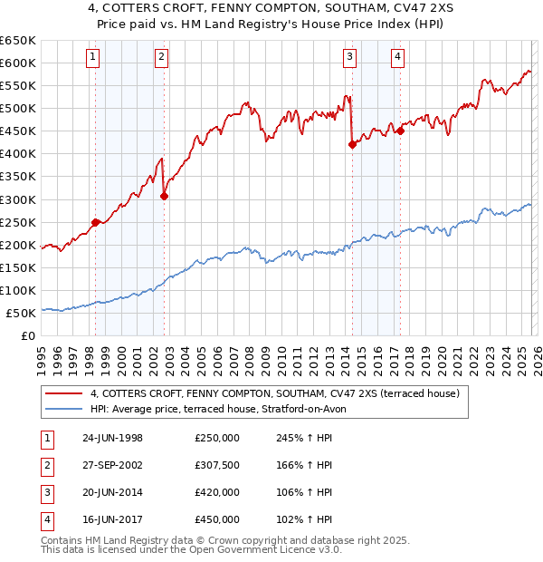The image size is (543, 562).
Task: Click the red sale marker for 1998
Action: click(96, 221)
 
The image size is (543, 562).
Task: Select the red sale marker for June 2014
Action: click(352, 144)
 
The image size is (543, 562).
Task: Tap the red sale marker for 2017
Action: click(400, 130)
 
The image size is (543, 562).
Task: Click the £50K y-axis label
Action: click(22, 313)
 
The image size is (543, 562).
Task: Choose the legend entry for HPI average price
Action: click(224, 409)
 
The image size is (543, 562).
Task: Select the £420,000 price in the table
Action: click(217, 492)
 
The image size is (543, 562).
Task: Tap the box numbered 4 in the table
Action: click(45, 519)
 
